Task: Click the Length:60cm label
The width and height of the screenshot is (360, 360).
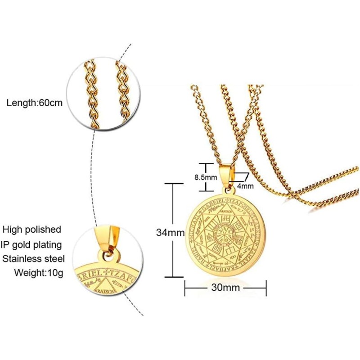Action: (34, 103)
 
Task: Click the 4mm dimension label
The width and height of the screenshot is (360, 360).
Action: (246, 185)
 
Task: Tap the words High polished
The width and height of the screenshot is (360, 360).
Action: (31, 229)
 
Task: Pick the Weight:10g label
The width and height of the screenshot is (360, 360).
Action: (39, 273)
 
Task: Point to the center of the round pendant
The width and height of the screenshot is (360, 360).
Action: (226, 234)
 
